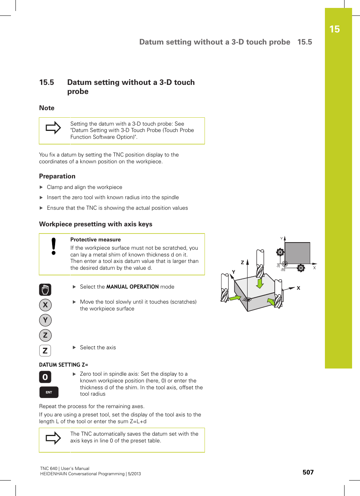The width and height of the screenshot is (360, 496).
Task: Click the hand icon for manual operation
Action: coord(45,290)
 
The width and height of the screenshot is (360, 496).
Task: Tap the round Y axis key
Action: coord(45,320)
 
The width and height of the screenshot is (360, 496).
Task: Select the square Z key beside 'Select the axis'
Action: coord(45,350)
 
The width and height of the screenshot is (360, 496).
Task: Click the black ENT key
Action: coord(49,392)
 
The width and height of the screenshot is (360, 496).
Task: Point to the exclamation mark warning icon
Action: coord(54,246)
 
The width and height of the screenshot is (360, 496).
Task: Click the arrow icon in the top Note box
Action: coord(53,128)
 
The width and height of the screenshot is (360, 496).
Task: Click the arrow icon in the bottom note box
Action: coord(53,438)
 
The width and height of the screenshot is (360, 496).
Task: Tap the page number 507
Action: coord(308,472)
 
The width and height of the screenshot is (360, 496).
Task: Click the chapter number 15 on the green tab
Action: coord(334,29)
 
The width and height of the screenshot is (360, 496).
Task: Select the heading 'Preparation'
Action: coord(57,176)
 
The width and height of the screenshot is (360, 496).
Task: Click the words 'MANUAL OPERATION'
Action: coord(132,287)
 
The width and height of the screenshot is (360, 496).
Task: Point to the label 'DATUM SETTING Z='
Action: coord(63,365)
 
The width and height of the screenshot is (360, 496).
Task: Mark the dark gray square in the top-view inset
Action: coord(297,253)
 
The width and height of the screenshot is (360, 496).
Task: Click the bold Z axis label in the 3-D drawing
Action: coord(243,263)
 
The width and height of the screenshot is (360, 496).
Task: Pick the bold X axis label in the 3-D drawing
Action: coord(298,288)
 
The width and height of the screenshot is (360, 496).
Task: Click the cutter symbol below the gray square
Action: coord(301,268)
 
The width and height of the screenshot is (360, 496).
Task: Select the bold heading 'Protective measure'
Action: coord(95,240)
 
